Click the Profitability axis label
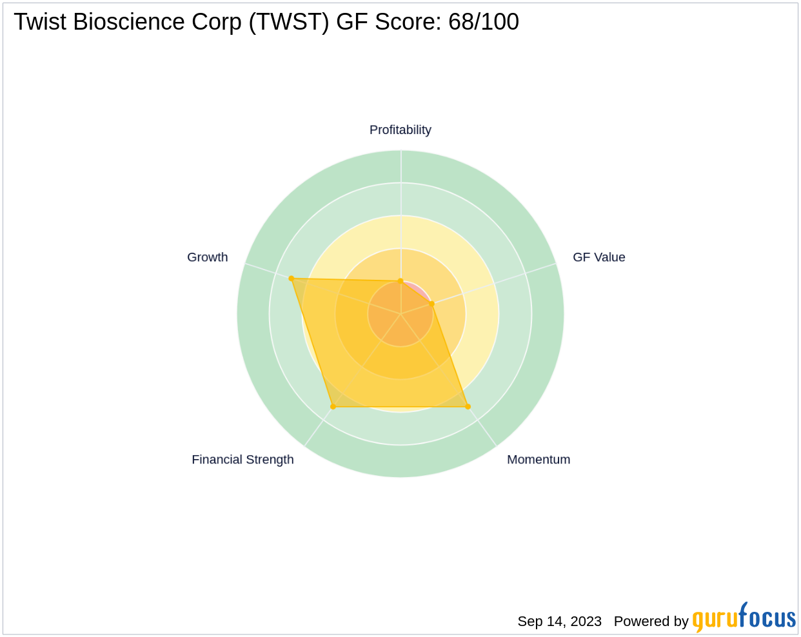tap(400, 130)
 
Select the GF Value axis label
tap(598, 257)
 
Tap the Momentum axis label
tap(538, 460)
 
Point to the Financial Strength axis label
tap(242, 460)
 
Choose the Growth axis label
tap(207, 257)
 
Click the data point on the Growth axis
tap(292, 279)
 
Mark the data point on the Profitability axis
tap(400, 281)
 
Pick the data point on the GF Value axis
tap(431, 303)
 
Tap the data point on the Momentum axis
tap(468, 407)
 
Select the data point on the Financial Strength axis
tap(333, 407)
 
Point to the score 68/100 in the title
tap(483, 23)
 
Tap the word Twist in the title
tap(40, 23)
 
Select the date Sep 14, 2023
tap(559, 622)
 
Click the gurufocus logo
tap(744, 618)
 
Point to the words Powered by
tap(651, 622)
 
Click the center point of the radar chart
tap(400, 314)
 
